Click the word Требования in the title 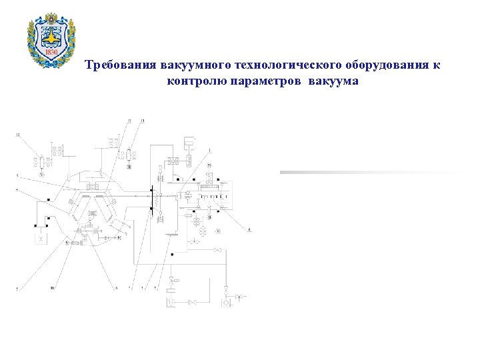(x=120, y=66)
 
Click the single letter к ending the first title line (x=437, y=66)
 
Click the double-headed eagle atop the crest (x=51, y=19)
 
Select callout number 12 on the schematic (x=18, y=135)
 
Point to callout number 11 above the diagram (x=131, y=119)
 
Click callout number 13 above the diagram (x=142, y=119)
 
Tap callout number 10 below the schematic (x=52, y=289)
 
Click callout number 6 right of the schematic (x=250, y=229)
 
